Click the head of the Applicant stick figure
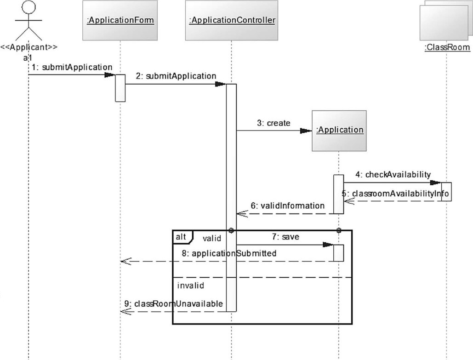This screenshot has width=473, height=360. (29, 7)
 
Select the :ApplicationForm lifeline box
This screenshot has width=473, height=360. (120, 20)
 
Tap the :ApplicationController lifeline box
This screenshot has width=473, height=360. (232, 20)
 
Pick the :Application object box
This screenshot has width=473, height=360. (339, 130)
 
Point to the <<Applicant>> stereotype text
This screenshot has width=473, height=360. (28, 47)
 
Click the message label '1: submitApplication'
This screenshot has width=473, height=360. (72, 67)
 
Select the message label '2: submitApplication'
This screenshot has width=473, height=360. (176, 76)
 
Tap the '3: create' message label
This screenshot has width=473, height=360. (274, 123)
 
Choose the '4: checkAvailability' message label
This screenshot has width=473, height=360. (393, 174)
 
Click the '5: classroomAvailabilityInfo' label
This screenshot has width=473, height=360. (395, 194)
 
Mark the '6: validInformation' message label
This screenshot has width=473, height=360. (288, 206)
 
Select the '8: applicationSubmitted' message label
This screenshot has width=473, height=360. (228, 253)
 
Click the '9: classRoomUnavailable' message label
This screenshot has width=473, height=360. (174, 303)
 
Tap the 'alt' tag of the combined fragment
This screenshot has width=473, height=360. (181, 236)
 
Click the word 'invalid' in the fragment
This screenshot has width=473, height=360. (191, 285)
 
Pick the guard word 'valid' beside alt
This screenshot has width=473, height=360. (212, 238)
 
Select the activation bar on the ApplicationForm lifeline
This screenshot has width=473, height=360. (120, 88)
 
